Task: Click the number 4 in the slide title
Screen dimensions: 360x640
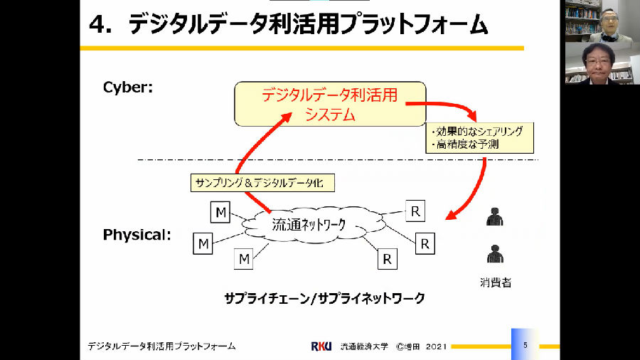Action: click(x=97, y=25)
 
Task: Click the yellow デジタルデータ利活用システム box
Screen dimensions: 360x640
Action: click(x=330, y=105)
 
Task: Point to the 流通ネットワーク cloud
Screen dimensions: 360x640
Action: click(x=309, y=225)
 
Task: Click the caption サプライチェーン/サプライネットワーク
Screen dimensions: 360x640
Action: click(x=324, y=298)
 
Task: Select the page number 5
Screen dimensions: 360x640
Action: click(x=525, y=344)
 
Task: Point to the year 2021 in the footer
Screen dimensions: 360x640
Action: click(x=435, y=346)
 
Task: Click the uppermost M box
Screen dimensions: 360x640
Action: click(x=221, y=211)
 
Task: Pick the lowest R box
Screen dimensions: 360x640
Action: click(x=387, y=259)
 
